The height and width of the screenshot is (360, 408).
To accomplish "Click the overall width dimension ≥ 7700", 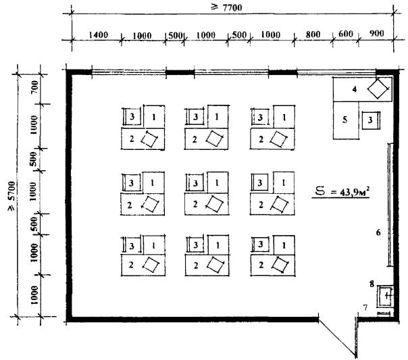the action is coord(226,7).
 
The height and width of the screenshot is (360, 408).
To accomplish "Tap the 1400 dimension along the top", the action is coord(99,35).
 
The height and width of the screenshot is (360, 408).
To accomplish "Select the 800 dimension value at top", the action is coord(313,34).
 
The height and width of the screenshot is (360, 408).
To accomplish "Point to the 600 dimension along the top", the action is coord(346,34).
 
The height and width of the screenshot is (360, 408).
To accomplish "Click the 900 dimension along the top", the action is coord(376,34).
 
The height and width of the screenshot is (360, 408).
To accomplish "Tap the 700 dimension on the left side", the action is coord(34,87).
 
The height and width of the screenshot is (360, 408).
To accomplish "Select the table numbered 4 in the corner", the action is coord(363,89).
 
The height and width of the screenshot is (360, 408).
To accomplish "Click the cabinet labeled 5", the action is coord(346,120).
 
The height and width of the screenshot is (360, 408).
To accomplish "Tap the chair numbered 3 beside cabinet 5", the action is coord(372,120).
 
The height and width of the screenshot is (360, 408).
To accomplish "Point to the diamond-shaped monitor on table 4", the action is coord(378,89).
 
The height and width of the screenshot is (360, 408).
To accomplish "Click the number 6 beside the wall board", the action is coord(378,232).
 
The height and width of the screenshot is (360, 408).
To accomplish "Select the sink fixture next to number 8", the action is coord(385,296).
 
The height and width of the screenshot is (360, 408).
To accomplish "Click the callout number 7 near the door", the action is coord(365,308).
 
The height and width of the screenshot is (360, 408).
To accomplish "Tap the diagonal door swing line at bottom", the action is coord(337,338).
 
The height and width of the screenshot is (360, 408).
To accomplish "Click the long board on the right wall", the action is coord(390,205).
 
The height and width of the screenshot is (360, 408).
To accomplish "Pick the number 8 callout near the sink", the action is coord(372,284).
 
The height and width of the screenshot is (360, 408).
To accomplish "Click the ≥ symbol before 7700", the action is coord(214,7).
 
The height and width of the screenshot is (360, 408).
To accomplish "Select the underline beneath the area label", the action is coord(340,198).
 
